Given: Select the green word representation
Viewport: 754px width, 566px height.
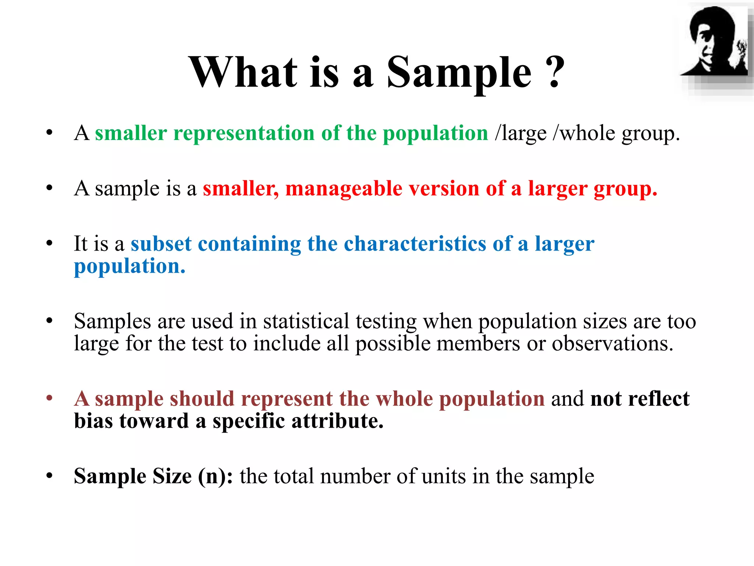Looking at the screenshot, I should coord(244,133).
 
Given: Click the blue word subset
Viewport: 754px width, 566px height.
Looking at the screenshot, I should coord(161,244).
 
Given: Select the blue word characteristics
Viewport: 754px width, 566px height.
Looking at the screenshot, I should coord(415,244).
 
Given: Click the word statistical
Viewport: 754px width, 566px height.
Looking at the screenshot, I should coord(306,321).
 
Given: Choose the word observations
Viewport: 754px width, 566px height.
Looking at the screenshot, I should coord(612,344).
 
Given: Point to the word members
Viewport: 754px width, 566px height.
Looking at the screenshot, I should coord(478,344).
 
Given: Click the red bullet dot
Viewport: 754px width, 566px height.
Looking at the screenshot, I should coord(49,398).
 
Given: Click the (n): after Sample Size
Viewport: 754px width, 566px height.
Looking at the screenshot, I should coord(215,476).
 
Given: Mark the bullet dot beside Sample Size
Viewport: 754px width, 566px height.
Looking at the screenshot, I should coord(49,476).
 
